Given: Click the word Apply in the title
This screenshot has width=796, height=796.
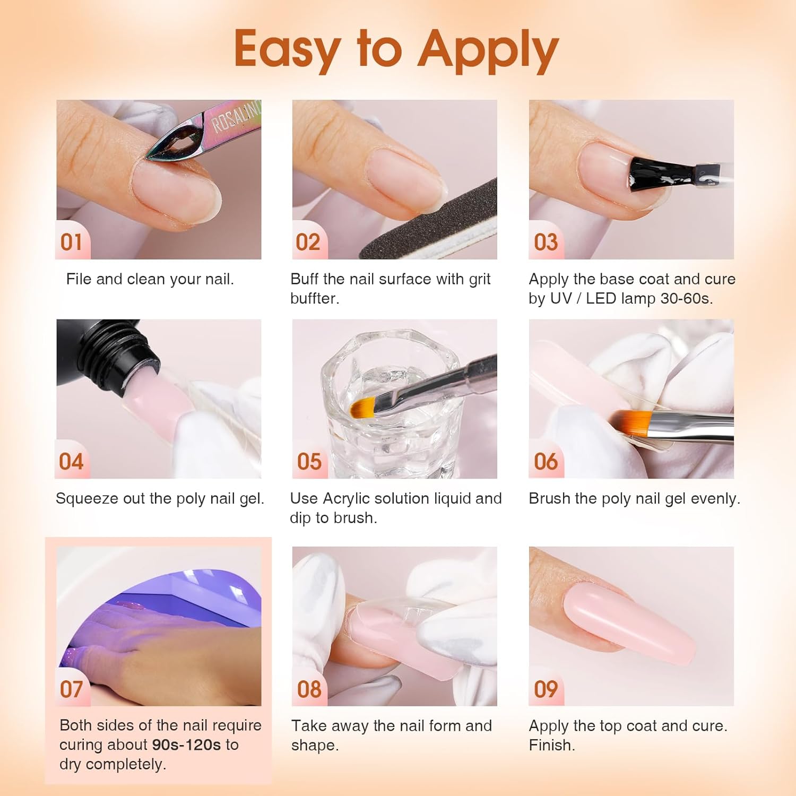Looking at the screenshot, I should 488,50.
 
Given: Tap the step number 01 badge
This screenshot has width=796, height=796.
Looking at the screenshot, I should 71,243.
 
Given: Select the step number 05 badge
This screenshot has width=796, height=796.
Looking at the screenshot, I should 309,462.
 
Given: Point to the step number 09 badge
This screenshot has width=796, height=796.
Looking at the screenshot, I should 546,689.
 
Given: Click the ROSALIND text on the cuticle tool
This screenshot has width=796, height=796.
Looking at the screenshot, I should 236,117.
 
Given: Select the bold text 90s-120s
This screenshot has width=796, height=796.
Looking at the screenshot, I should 186,745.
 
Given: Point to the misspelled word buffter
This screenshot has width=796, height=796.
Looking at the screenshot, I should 315,299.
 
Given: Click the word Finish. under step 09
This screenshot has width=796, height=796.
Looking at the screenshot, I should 552,745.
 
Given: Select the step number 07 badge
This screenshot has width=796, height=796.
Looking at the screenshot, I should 71,689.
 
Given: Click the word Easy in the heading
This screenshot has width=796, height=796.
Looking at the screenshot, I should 287,50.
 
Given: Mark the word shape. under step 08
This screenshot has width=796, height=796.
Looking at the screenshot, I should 315,745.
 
